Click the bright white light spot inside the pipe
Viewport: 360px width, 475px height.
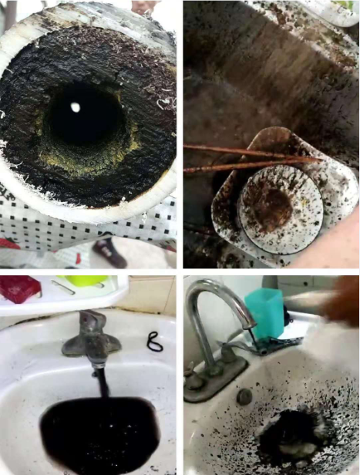[x=76, y=107]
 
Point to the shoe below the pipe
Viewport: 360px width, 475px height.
[x=110, y=251]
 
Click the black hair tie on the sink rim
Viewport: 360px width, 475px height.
[x=154, y=342]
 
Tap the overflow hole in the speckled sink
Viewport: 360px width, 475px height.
[x=244, y=397]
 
